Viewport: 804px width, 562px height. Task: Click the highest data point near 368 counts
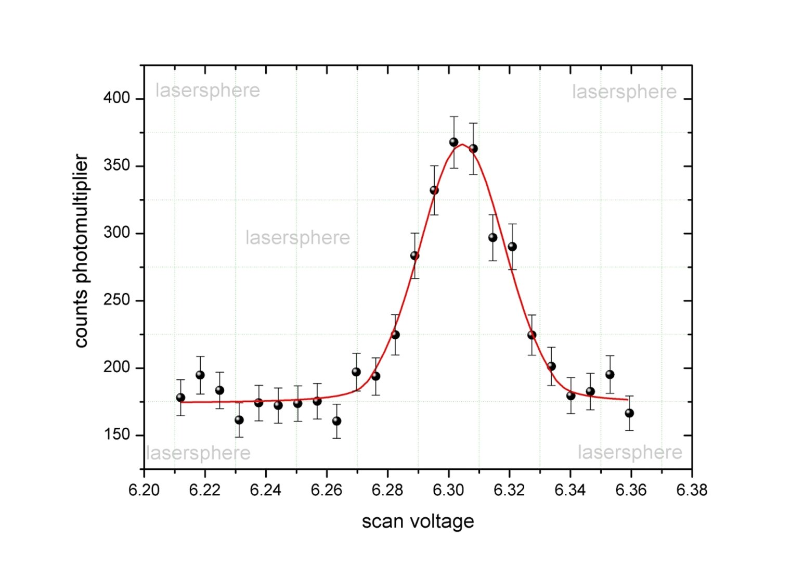coord(453,142)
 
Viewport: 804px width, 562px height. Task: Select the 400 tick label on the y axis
coord(116,98)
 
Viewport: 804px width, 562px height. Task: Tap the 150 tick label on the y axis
coord(116,435)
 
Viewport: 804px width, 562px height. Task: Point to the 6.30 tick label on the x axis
coord(448,490)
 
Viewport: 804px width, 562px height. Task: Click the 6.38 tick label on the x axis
coord(692,490)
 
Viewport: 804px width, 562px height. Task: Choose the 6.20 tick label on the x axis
coord(144,490)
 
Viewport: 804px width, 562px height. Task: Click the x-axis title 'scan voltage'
coord(418,521)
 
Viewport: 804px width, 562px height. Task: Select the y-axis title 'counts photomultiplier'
coord(81,250)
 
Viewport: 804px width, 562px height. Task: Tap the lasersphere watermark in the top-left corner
coord(208,91)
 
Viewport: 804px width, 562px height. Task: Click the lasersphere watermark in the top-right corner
coord(624,92)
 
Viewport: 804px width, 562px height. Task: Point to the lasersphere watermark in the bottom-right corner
coord(630,453)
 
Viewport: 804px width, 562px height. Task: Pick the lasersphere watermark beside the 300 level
coord(297,238)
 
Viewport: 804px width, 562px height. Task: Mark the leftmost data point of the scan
coord(180,398)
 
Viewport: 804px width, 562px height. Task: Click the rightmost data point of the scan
coord(629,413)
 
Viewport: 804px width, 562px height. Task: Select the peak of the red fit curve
coord(462,145)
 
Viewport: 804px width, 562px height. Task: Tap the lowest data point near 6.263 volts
coord(336,421)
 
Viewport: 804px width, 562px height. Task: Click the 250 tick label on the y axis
coord(116,300)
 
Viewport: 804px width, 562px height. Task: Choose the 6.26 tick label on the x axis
coord(327,490)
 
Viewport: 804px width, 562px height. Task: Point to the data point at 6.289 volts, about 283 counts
coord(414,256)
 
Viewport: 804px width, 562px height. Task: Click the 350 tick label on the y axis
coord(116,165)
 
